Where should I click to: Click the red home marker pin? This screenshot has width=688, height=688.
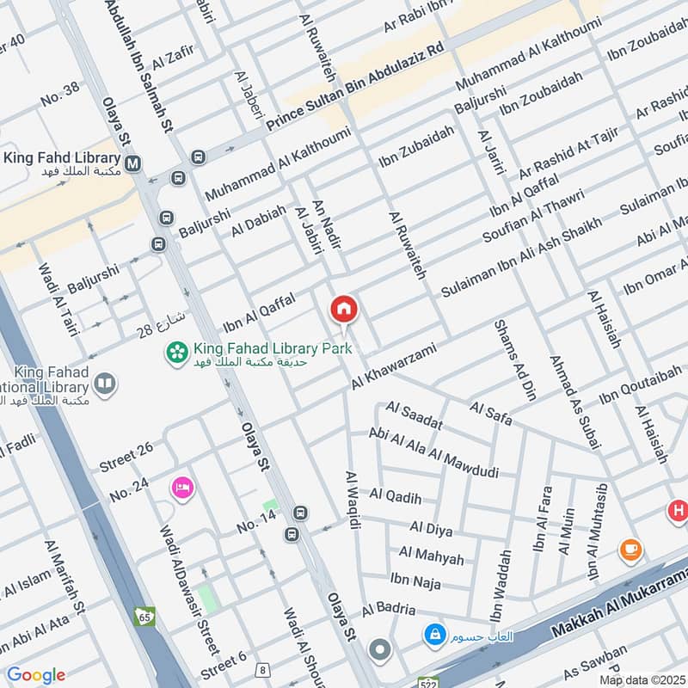(x=344, y=309)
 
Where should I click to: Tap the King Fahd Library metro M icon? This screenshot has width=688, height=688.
(x=133, y=163)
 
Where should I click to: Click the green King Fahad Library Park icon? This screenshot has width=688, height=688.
(x=177, y=353)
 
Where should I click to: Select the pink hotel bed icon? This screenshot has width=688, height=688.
(x=182, y=488)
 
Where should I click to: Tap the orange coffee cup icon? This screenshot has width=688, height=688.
(x=630, y=549)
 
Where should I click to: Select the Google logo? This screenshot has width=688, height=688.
(x=36, y=675)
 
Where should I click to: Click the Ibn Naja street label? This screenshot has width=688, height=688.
(x=415, y=581)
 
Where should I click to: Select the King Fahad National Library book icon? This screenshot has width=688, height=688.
(x=105, y=384)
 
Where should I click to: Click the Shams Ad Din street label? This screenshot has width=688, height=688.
(x=514, y=365)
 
